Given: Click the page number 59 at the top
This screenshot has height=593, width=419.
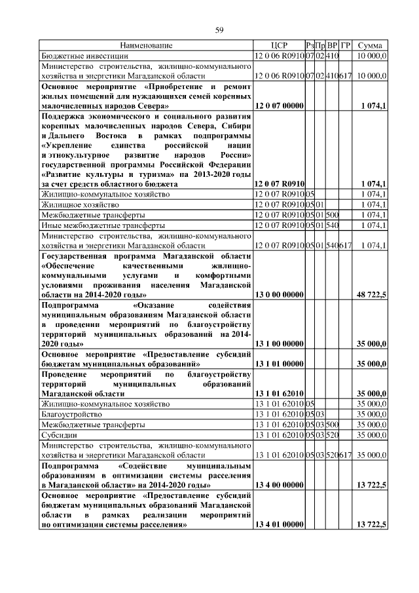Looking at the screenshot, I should point(220,29).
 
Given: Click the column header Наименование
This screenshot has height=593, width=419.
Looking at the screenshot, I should point(146,46).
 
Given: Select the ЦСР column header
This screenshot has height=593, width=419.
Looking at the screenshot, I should point(279,46).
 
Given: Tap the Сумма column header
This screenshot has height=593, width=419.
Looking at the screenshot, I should point(371,46).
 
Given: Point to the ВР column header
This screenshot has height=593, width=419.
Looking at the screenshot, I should point(333,46).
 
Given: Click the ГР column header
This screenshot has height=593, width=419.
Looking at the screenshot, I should point(346,46).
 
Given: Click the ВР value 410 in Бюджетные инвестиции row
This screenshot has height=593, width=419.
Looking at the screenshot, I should point(333,57).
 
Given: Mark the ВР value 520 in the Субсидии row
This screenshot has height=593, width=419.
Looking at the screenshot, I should point(333,434).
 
